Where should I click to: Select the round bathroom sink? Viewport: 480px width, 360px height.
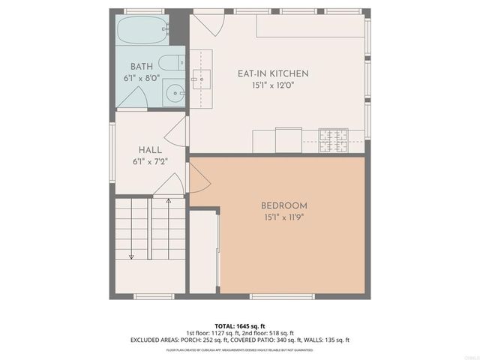174,94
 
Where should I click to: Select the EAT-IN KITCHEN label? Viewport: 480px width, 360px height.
273,73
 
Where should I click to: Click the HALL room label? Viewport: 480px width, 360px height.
150,150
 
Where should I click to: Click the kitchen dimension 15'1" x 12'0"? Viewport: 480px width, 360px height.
273,85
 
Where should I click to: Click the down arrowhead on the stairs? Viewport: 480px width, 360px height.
131,256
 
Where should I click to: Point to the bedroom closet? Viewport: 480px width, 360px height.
203,251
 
